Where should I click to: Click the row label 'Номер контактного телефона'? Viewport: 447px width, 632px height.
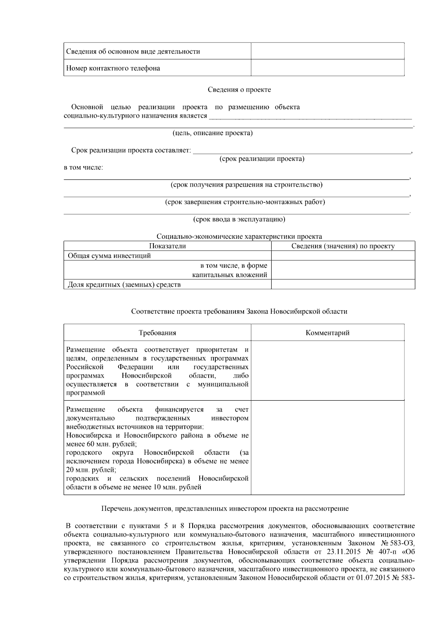(113, 68)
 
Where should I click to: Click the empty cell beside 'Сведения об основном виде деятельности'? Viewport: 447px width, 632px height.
(327, 51)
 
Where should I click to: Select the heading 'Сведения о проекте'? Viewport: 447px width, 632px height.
(239, 89)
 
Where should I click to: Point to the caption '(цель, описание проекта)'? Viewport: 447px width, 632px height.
(212, 133)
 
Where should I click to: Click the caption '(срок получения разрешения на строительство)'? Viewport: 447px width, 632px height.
(246, 185)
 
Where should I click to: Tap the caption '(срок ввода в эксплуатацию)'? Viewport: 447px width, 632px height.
(239, 219)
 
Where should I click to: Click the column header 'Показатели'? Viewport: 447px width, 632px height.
(167, 246)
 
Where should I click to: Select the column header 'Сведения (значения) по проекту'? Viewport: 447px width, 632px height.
(343, 246)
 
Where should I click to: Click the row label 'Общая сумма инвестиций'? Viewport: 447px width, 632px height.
(109, 255)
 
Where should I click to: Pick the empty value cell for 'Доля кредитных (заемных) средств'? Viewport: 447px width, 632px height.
(343, 285)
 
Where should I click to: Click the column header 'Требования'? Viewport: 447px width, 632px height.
(157, 333)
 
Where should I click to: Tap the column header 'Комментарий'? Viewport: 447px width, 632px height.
(327, 333)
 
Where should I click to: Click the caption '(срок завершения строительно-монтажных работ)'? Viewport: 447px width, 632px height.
(245, 202)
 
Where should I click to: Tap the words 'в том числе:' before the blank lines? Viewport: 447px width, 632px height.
(83, 167)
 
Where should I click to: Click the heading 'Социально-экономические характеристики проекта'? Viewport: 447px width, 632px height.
(239, 236)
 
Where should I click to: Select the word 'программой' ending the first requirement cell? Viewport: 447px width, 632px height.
(86, 393)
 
